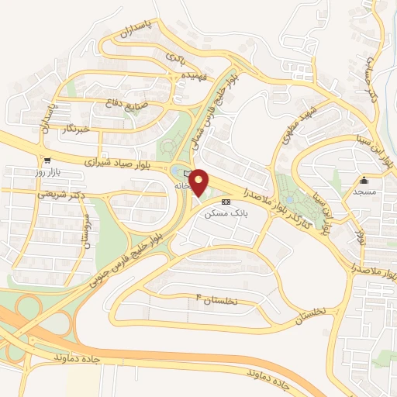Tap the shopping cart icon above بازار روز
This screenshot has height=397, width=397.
(48, 161)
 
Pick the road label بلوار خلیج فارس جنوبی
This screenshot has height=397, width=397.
(126, 254)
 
